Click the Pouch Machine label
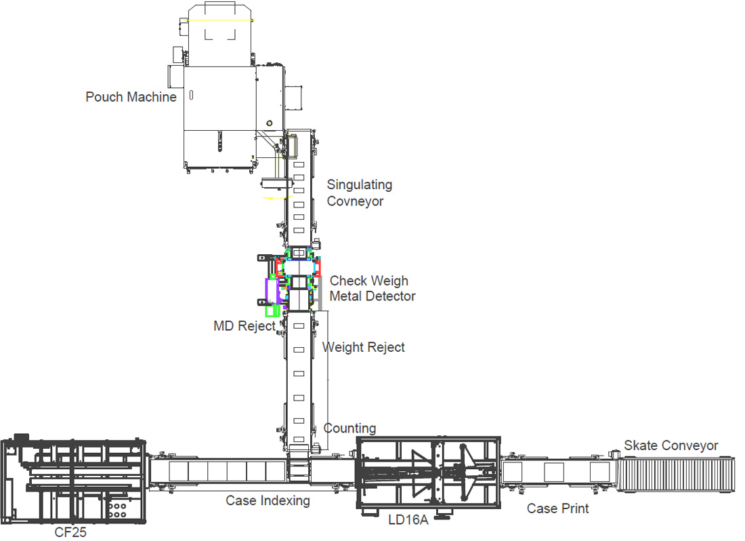tap(131, 97)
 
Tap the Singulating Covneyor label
tap(359, 193)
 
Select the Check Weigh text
tap(368, 281)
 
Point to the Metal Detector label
tap(372, 296)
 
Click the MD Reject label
tap(244, 326)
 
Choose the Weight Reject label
tap(364, 348)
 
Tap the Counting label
tap(349, 428)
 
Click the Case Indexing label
tap(268, 500)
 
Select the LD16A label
tap(408, 519)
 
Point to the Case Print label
tap(557, 508)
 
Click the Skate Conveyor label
tap(671, 445)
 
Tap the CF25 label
tap(70, 532)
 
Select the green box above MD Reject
tap(272, 311)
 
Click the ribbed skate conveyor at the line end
tap(675, 475)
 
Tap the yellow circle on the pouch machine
tap(270, 123)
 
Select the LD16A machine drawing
tap(429, 474)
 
